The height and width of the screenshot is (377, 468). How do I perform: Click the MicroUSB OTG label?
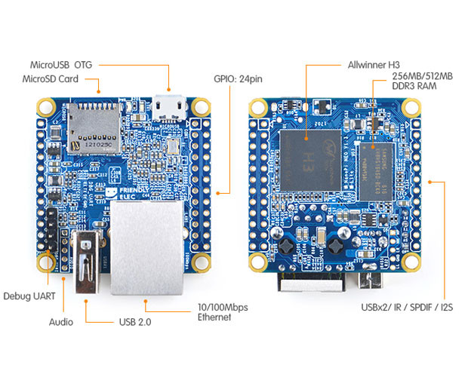[x=63, y=65]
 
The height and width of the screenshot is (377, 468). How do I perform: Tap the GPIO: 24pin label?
[x=237, y=79]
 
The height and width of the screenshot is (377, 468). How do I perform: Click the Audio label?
[x=61, y=322]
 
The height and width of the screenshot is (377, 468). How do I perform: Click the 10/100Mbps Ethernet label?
[x=222, y=312]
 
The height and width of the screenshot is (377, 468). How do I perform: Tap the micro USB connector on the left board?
[x=169, y=107]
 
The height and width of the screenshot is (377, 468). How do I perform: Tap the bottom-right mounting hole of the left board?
[x=201, y=262]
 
